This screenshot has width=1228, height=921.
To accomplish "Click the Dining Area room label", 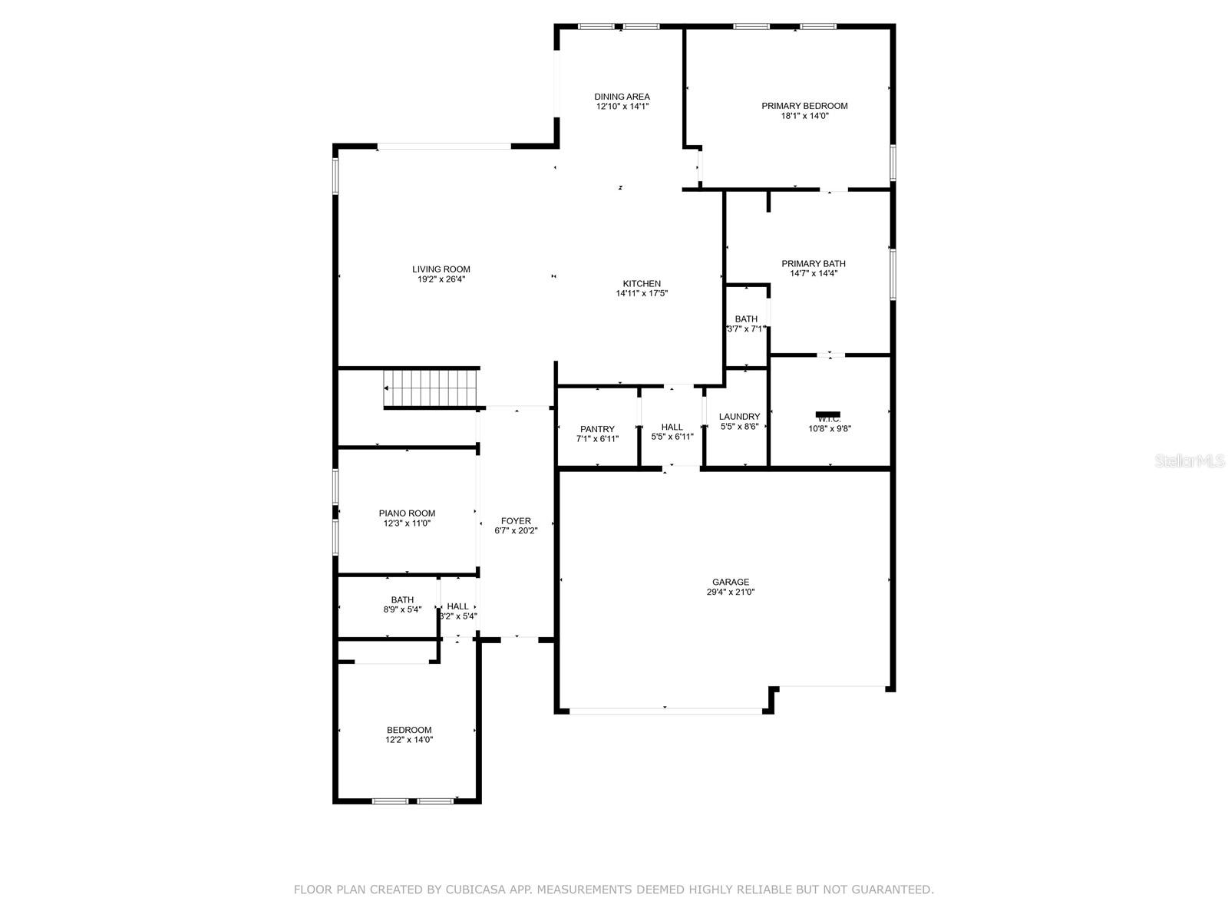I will coord(622,97).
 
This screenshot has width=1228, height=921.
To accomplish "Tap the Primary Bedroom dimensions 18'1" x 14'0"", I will coord(804,116).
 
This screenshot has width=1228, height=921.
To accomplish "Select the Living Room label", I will coord(441,269).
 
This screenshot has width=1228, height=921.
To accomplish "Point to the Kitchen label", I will coord(642,284).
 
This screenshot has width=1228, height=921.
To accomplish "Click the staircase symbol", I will coord(431,388).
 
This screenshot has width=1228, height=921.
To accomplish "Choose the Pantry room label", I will coord(597,429).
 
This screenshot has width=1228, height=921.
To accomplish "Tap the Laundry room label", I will coord(739,417).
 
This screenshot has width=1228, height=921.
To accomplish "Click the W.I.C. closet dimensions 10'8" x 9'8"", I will coord(829,429).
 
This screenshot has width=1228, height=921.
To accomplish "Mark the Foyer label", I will coord(516,521).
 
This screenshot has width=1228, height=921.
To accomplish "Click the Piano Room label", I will coord(407,513).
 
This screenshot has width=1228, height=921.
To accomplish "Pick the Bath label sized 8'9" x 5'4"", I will coord(402,600).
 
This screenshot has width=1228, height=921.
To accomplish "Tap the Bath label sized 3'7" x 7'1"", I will coord(746,319).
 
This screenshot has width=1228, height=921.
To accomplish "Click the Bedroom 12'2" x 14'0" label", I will coord(408,730).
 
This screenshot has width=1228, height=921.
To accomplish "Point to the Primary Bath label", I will coord(814,263).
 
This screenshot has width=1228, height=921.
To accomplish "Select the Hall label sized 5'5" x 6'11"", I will coord(672,427).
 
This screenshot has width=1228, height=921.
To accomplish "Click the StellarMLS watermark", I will coord(1190,460).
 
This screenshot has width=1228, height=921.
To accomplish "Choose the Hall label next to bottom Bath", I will coord(457,606).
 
